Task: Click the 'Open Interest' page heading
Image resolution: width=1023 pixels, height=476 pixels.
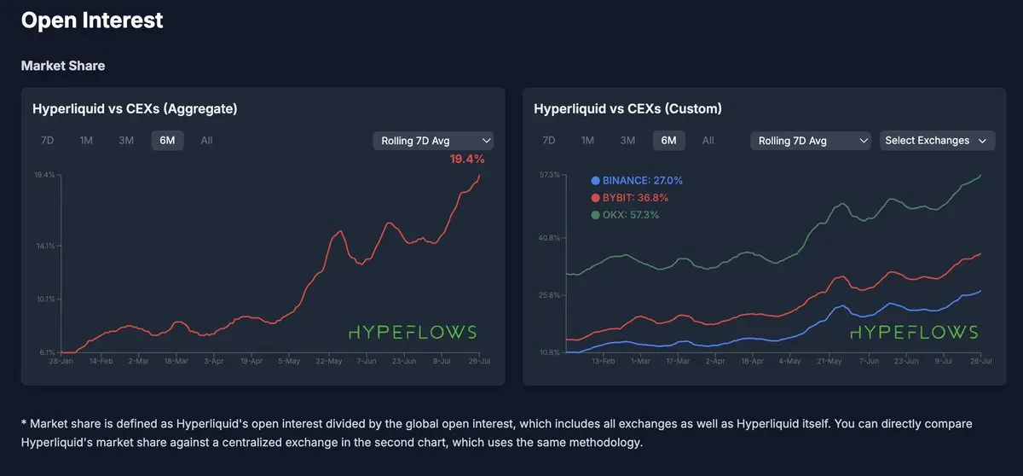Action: (92, 20)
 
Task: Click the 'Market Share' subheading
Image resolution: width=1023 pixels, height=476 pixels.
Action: (63, 66)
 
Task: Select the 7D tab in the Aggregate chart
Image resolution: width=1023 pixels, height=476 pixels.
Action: (48, 141)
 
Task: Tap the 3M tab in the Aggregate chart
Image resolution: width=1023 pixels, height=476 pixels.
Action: (126, 141)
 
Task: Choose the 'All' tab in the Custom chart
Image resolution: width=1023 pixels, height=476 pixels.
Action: (708, 141)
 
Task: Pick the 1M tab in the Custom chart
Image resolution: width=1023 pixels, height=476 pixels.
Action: (587, 141)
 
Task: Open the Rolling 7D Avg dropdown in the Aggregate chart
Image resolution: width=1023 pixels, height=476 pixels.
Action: (433, 141)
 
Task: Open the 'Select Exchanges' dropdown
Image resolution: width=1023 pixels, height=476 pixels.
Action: (936, 141)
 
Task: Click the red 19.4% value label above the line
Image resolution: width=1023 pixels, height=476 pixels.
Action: (467, 160)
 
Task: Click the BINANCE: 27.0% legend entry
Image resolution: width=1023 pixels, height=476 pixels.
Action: (637, 181)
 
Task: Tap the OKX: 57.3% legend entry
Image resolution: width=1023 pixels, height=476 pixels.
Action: (624, 215)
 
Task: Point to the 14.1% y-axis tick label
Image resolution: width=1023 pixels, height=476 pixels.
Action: (45, 246)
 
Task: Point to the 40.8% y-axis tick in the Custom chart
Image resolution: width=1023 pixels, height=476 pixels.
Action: (550, 238)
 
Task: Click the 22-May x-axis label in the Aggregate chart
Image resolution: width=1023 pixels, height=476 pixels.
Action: (328, 362)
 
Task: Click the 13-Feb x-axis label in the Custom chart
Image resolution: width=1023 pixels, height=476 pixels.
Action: (603, 362)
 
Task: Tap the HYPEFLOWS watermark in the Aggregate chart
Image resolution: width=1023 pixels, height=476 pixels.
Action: (413, 332)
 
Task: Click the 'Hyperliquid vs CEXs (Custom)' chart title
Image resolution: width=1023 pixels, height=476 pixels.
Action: (627, 109)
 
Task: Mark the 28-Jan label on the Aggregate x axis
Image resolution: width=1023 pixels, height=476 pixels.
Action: (61, 362)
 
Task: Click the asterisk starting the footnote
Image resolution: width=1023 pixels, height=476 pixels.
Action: (24, 422)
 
